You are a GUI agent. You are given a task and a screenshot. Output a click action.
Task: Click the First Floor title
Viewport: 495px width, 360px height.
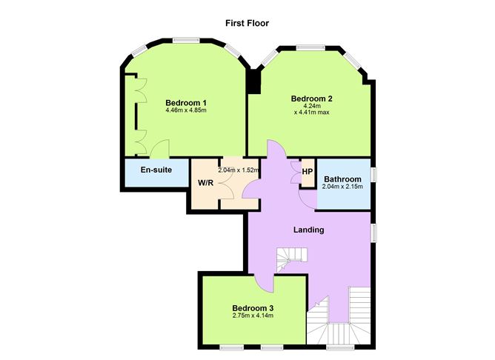247,24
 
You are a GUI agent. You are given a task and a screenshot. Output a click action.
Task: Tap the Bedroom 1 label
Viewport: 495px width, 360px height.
186,103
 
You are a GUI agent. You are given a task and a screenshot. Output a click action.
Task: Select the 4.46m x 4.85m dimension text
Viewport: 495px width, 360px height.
186,110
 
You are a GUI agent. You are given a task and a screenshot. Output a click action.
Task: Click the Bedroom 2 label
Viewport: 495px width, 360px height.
311,99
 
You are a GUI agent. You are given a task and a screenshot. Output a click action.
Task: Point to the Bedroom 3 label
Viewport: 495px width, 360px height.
253,308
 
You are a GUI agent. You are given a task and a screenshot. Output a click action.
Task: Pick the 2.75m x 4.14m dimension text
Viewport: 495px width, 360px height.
253,316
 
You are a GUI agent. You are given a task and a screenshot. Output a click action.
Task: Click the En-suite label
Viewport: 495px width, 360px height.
156,170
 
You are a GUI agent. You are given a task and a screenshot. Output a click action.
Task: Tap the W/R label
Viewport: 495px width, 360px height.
205,183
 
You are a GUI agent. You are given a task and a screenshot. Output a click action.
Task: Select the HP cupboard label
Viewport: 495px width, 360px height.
308,172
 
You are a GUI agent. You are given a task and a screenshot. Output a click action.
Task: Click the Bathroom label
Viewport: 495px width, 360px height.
342,179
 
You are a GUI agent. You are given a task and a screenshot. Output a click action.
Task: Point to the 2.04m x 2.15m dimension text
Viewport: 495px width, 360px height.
342,187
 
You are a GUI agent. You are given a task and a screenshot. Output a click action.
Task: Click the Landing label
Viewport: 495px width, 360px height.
309,230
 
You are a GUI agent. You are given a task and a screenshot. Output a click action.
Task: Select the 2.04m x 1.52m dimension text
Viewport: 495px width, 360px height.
239,170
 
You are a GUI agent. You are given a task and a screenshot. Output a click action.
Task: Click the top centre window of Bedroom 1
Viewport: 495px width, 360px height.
186,40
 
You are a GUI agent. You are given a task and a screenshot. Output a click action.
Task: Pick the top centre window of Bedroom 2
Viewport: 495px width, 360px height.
310,47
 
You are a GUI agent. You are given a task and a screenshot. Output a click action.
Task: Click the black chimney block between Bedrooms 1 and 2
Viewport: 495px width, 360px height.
253,81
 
